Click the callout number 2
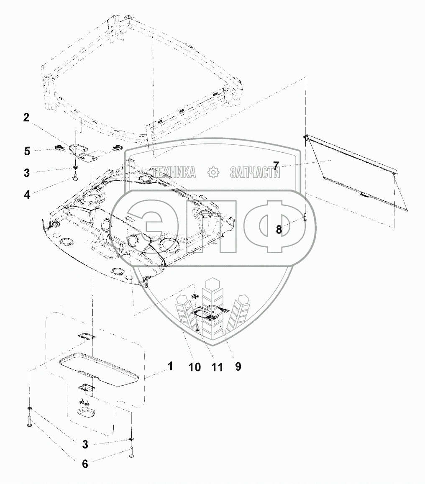click(26, 118)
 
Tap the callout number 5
click(27, 151)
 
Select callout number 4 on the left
click(27, 195)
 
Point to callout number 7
click(276, 166)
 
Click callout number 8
click(279, 229)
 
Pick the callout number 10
click(195, 367)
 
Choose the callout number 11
click(217, 367)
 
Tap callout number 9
click(238, 366)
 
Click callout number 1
click(170, 366)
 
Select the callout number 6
click(85, 464)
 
